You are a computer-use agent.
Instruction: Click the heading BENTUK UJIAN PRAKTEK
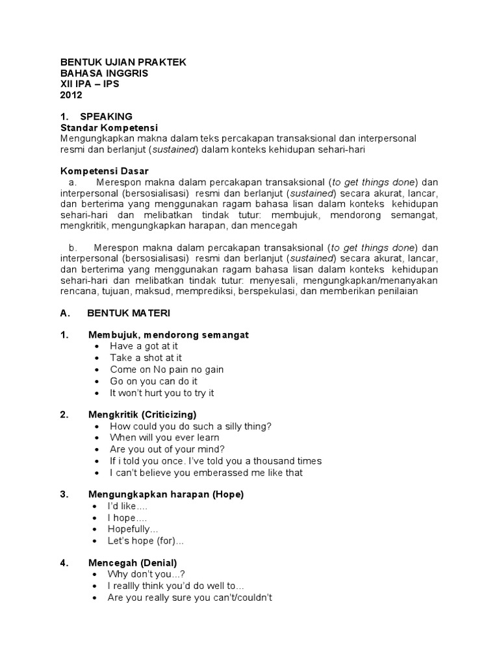pos(123,62)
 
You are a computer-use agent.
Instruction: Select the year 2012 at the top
pos(71,95)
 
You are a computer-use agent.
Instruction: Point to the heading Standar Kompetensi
pos(109,127)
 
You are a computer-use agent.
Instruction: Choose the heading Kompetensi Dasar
pos(105,171)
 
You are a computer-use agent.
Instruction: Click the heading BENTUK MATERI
pos(128,313)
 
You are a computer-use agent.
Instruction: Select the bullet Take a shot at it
pos(146,358)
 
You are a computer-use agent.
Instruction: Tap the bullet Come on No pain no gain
pos(166,370)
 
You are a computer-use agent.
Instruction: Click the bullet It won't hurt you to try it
pos(162,393)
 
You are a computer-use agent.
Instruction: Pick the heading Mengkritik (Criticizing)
pos(142,414)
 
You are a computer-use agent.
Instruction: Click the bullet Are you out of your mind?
pos(168,449)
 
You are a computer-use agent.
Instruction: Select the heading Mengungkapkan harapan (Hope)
pos(166,494)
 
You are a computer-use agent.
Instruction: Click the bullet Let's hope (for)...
pos(146,541)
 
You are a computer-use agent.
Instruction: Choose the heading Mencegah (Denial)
pos(133,562)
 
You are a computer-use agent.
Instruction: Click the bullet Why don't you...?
pos(147,574)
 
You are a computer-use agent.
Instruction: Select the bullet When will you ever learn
pos(164,438)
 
